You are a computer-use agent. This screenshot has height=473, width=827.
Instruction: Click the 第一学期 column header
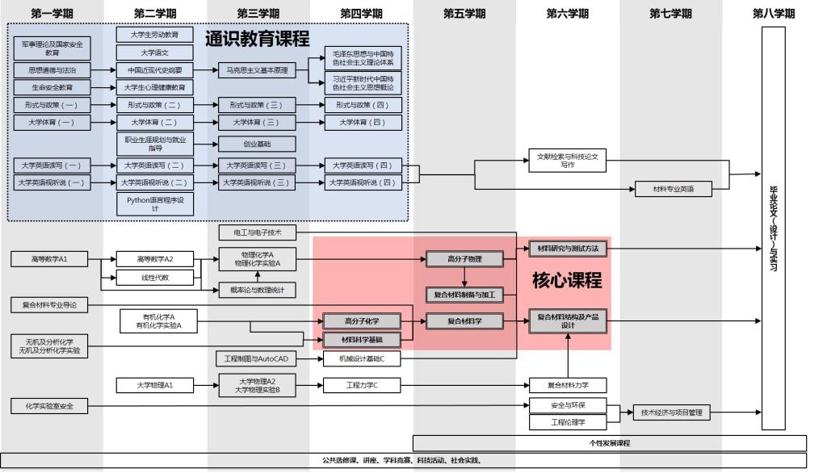pyautogui.click(x=52, y=14)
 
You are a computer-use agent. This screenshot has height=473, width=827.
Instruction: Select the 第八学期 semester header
pyautogui.click(x=773, y=14)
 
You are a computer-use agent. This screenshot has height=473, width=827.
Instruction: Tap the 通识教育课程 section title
pyautogui.click(x=257, y=39)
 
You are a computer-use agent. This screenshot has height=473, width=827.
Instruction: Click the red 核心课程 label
pyautogui.click(x=566, y=280)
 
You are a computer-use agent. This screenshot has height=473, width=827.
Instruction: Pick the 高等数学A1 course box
pyautogui.click(x=49, y=259)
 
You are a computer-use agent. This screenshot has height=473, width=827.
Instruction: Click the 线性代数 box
pyautogui.click(x=155, y=278)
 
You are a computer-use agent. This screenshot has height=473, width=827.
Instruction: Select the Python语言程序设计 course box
pyautogui.click(x=155, y=203)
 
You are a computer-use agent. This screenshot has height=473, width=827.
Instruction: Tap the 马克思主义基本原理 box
pyautogui.click(x=258, y=70)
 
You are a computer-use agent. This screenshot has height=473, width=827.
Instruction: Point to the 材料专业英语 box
pyautogui.click(x=671, y=189)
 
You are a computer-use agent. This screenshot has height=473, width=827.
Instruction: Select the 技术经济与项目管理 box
pyautogui.click(x=671, y=412)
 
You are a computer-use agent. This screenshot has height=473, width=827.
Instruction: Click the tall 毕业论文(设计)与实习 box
pyautogui.click(x=773, y=228)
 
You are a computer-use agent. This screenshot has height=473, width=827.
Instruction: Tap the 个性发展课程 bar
pyautogui.click(x=609, y=443)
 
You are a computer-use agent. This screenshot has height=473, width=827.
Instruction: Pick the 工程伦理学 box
pyautogui.click(x=568, y=422)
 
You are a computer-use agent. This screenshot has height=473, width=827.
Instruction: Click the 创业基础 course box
pyautogui.click(x=258, y=144)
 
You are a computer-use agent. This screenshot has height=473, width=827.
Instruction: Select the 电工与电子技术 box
pyautogui.click(x=258, y=232)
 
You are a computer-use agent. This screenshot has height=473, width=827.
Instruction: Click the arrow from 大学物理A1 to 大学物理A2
pyautogui.click(x=206, y=385)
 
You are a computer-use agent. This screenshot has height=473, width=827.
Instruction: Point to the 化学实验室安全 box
pyautogui.click(x=49, y=406)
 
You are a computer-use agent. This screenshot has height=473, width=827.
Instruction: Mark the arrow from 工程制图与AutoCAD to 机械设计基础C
pyautogui.click(x=309, y=358)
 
